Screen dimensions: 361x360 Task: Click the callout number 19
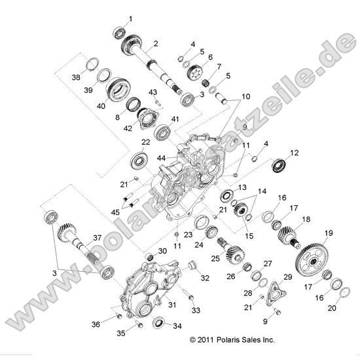(x=328, y=232)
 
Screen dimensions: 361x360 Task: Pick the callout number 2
(x=156, y=44)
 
